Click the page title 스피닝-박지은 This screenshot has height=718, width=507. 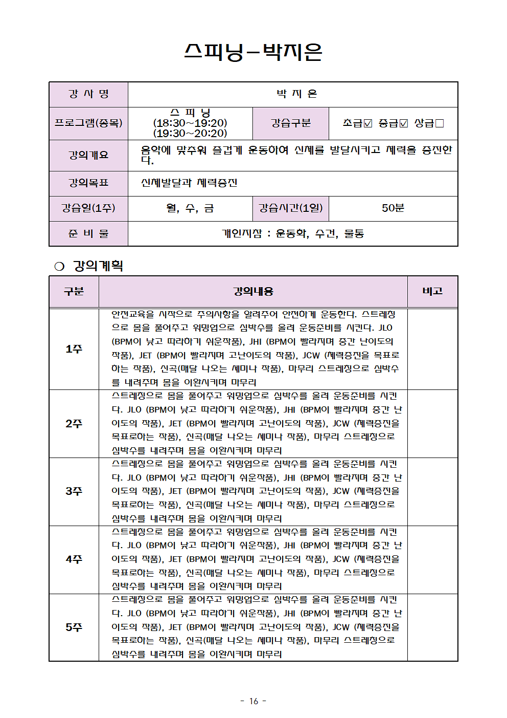tap(253, 52)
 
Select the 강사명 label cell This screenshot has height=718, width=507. tap(88, 94)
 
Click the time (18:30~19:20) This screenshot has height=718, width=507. tap(190, 123)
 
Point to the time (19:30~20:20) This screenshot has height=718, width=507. tap(190, 133)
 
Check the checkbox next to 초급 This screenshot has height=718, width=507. tap(368, 123)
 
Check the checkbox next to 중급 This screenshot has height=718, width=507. tap(404, 123)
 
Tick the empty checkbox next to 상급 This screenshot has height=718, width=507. tap(440, 123)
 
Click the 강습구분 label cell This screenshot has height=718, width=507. tap(290, 123)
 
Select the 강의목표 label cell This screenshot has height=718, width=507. tap(88, 183)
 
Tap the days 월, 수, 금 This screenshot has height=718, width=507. tap(190, 208)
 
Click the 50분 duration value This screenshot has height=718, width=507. tap(393, 208)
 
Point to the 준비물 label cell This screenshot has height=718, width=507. tap(88, 233)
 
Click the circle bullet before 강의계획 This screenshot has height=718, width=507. tap(59, 266)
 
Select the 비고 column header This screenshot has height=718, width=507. tap(432, 291)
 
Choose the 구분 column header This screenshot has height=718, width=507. tap(74, 291)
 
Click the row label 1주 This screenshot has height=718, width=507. tap(74, 349)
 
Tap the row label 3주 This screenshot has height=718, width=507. tap(74, 491)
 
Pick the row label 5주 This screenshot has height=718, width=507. tap(74, 627)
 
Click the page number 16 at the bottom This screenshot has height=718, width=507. tap(253, 701)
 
